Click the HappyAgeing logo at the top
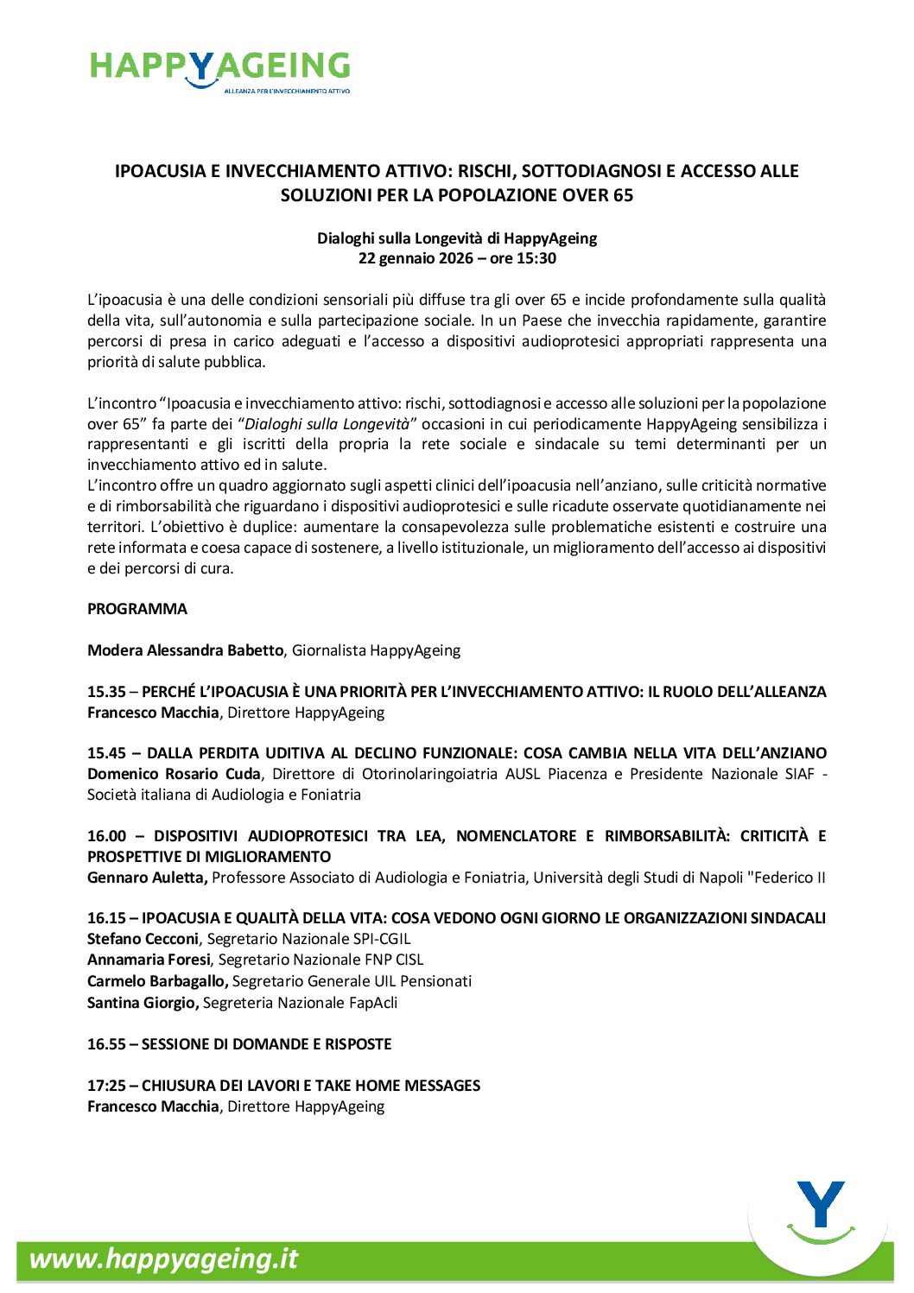[219, 70]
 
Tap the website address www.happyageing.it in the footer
[163, 1258]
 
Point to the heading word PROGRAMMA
[137, 609]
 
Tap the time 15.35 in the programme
[106, 692]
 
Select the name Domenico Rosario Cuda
[174, 774]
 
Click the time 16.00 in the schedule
[106, 836]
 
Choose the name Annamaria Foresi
[149, 960]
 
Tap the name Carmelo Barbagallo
[157, 981]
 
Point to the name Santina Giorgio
[143, 1003]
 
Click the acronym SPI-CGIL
[382, 939]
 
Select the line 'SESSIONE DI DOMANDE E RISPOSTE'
[266, 1044]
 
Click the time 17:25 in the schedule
[106, 1086]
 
